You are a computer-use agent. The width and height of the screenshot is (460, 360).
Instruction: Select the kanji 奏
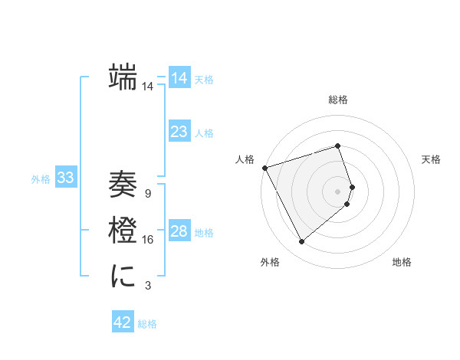pyautogui.click(x=123, y=185)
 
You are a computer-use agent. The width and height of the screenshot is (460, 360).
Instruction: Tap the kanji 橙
pyautogui.click(x=123, y=230)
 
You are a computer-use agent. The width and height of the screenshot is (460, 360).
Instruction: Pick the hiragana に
pyautogui.click(x=123, y=274)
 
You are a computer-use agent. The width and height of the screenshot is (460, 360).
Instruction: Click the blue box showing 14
pyautogui.click(x=179, y=77)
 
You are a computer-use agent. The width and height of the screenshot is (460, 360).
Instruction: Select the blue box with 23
pyautogui.click(x=179, y=131)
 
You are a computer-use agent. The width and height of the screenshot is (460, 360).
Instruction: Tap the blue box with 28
pyautogui.click(x=179, y=231)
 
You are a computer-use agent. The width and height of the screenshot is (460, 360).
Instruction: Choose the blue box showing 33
pyautogui.click(x=66, y=178)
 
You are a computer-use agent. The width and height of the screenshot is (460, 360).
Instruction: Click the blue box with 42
pyautogui.click(x=123, y=322)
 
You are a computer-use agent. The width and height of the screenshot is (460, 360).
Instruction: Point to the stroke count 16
pyautogui.click(x=148, y=240)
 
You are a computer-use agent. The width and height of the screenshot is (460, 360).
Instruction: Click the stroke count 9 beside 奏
pyautogui.click(x=148, y=194)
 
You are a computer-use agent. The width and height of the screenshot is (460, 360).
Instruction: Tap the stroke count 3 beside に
pyautogui.click(x=148, y=286)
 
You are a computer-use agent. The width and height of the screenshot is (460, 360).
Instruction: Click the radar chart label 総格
pyautogui.click(x=338, y=100)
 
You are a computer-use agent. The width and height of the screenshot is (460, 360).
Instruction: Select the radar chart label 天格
pyautogui.click(x=431, y=159)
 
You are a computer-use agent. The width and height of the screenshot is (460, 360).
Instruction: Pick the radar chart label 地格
pyautogui.click(x=402, y=262)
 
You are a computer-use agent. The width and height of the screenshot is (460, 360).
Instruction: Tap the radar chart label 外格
pyautogui.click(x=270, y=262)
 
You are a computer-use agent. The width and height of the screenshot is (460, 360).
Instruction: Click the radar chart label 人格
pyautogui.click(x=245, y=159)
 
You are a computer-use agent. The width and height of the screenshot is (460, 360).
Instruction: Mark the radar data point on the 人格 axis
pyautogui.click(x=264, y=167)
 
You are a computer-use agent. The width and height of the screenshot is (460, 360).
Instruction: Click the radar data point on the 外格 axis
pyautogui.click(x=301, y=242)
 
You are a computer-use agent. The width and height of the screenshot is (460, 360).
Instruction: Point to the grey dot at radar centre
pyautogui.click(x=338, y=191)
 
